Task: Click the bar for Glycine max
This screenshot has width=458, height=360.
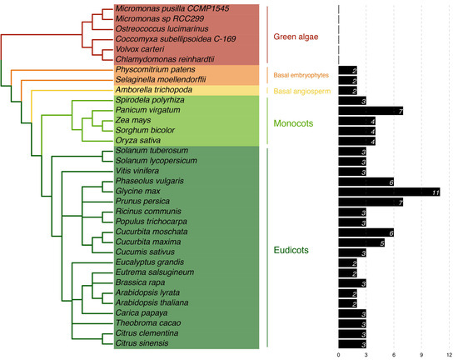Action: pos(389,192)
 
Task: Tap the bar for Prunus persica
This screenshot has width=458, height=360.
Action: pos(371,202)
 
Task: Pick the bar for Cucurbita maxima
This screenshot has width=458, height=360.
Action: pos(361,242)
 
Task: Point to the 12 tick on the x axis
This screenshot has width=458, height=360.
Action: pos(450,354)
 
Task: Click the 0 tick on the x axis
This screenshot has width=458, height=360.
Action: pos(339,354)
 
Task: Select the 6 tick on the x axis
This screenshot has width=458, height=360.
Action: pos(394,354)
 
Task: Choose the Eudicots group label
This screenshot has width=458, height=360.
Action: pos(296,247)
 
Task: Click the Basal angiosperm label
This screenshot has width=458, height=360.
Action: pos(302,91)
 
